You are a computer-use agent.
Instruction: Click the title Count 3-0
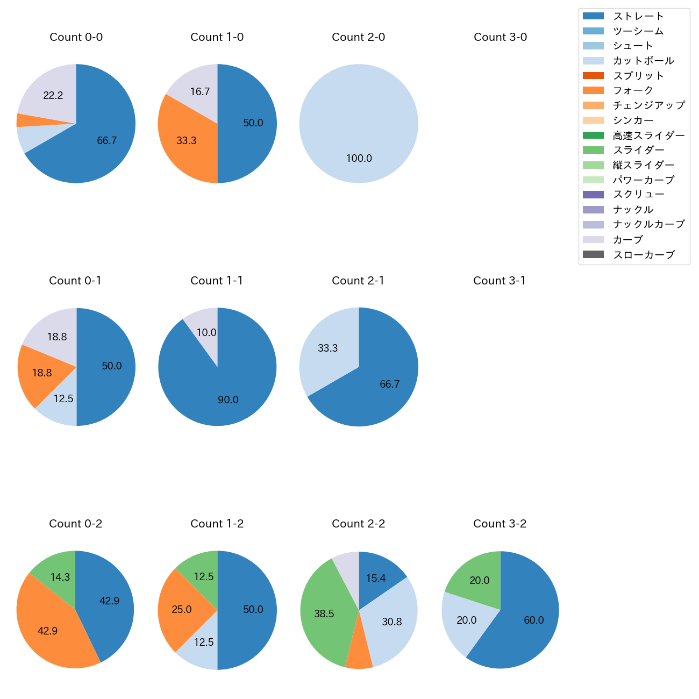pos(500,37)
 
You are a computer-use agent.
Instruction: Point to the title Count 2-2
pos(359,524)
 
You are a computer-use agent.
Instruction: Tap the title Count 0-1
pos(75,281)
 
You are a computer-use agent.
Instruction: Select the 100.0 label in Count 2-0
pos(359,158)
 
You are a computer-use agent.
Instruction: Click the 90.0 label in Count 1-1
pos(228,400)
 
